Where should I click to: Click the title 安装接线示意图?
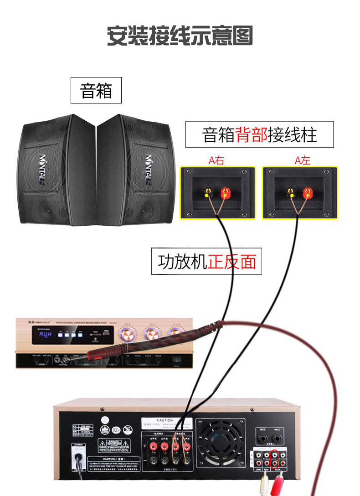(x=180, y=36)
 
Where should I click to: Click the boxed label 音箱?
(x=96, y=90)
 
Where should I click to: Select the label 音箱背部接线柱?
(x=259, y=134)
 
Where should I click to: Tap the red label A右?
(x=216, y=160)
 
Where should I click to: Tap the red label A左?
(x=302, y=160)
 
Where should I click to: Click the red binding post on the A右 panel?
(x=225, y=192)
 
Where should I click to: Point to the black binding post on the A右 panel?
(x=208, y=192)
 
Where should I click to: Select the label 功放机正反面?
(x=206, y=262)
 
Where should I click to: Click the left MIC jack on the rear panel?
(x=262, y=439)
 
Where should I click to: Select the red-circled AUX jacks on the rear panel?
(x=275, y=459)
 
